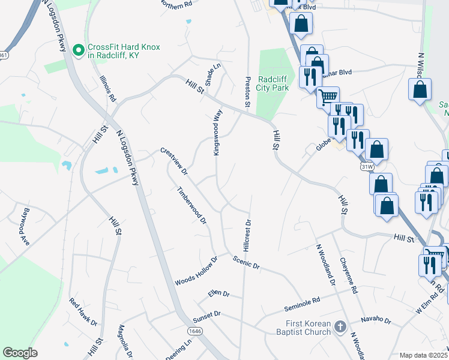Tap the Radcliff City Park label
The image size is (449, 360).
click(x=273, y=83)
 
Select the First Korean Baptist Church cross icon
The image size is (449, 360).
click(x=340, y=327)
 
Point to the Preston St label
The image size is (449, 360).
click(x=247, y=92)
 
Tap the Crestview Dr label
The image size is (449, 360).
click(x=174, y=161)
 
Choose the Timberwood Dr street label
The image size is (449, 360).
click(x=191, y=205)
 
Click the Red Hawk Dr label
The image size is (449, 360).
click(x=83, y=311)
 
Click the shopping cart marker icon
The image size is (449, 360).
click(x=327, y=97)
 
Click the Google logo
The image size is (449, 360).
click(x=20, y=353)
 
